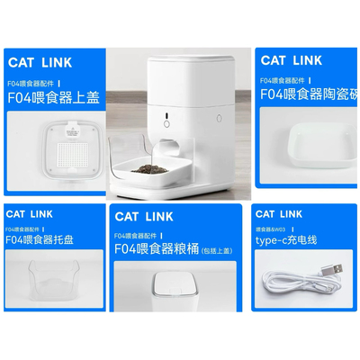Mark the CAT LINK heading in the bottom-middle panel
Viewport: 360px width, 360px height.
click(x=144, y=216)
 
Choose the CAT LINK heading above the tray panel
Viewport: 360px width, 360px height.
click(x=31, y=213)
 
